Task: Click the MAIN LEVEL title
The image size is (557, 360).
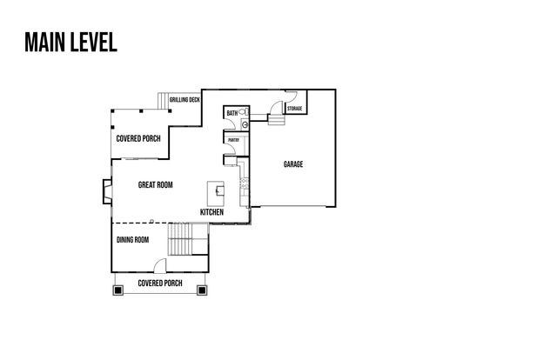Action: [70, 43]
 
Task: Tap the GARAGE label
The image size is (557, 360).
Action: [292, 163]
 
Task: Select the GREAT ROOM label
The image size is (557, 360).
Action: [156, 184]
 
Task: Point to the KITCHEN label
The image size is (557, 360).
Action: [211, 212]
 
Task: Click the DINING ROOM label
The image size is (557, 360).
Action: [133, 239]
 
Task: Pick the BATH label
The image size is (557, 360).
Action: [232, 114]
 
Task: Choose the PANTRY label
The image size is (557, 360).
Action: [233, 139]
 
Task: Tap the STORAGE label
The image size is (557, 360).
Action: [294, 109]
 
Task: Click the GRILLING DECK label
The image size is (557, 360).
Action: [185, 99]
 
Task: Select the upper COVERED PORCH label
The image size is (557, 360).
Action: [138, 138]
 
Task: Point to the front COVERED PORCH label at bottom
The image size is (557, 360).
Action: [159, 283]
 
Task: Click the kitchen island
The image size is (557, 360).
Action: [214, 190]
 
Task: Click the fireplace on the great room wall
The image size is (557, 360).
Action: [106, 191]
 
